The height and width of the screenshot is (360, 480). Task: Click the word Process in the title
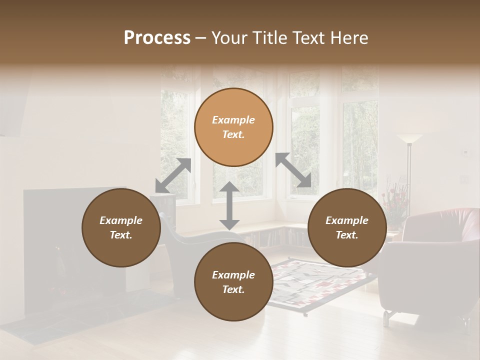[157, 38]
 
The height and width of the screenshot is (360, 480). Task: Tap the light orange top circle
[233, 105]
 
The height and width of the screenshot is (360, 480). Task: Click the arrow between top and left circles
[173, 175]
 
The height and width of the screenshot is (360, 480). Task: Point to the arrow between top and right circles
[293, 170]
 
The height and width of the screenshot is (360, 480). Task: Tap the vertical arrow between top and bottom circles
[229, 205]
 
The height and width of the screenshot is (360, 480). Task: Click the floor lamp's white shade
[409, 138]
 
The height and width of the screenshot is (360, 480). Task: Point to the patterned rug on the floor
[320, 285]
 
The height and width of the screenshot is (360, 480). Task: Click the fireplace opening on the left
[55, 270]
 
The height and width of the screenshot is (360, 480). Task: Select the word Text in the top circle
[233, 134]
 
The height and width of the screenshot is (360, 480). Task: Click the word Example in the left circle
[121, 220]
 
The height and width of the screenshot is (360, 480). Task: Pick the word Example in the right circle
[347, 220]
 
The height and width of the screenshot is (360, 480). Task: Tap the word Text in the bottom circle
[233, 289]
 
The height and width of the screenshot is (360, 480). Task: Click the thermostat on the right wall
[465, 151]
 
